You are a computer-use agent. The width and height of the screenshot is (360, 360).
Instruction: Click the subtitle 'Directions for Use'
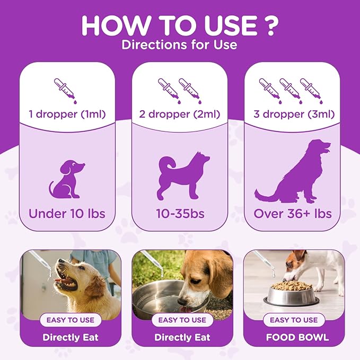(x=179, y=45)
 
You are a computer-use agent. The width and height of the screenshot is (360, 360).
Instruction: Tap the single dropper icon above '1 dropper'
(x=66, y=91)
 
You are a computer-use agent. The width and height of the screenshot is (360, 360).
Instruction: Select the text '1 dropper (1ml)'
(x=67, y=114)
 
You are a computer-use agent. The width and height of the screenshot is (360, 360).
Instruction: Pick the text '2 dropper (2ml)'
(x=180, y=114)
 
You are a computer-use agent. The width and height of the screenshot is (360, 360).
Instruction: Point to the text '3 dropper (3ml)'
(x=294, y=114)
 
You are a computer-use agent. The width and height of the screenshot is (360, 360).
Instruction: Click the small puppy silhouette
(x=67, y=179)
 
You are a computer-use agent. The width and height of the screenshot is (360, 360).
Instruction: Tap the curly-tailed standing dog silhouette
(x=183, y=175)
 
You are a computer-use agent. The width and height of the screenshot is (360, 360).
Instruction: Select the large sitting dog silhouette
(x=293, y=171)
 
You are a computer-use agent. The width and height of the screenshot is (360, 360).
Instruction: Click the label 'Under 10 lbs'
(x=67, y=214)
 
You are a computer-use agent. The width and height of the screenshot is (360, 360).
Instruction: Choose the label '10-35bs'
(x=180, y=214)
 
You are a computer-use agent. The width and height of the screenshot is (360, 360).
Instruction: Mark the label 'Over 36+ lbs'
(x=293, y=214)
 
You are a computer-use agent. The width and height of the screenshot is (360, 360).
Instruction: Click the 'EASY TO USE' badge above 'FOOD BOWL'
(x=294, y=320)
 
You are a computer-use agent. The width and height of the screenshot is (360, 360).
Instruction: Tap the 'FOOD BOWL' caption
(x=297, y=338)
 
